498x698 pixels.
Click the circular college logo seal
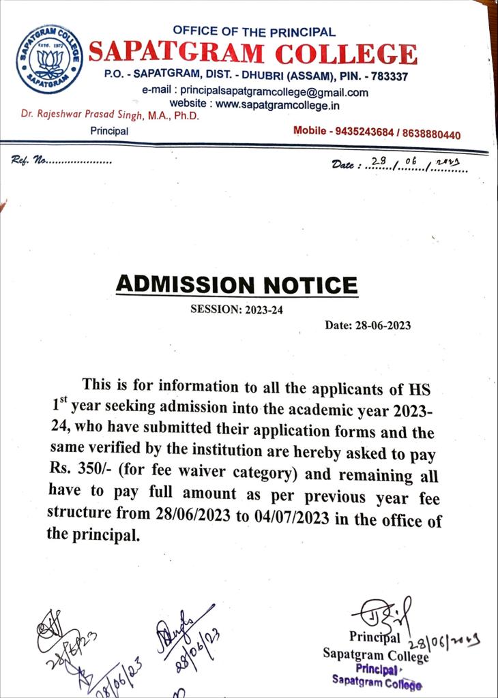pyautogui.click(x=49, y=59)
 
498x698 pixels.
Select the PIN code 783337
pyautogui.click(x=386, y=77)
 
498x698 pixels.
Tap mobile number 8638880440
pyautogui.click(x=432, y=135)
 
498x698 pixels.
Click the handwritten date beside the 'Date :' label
pyautogui.click(x=416, y=164)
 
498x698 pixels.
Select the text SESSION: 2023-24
pyautogui.click(x=236, y=310)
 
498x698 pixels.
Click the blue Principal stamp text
pyautogui.click(x=377, y=669)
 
